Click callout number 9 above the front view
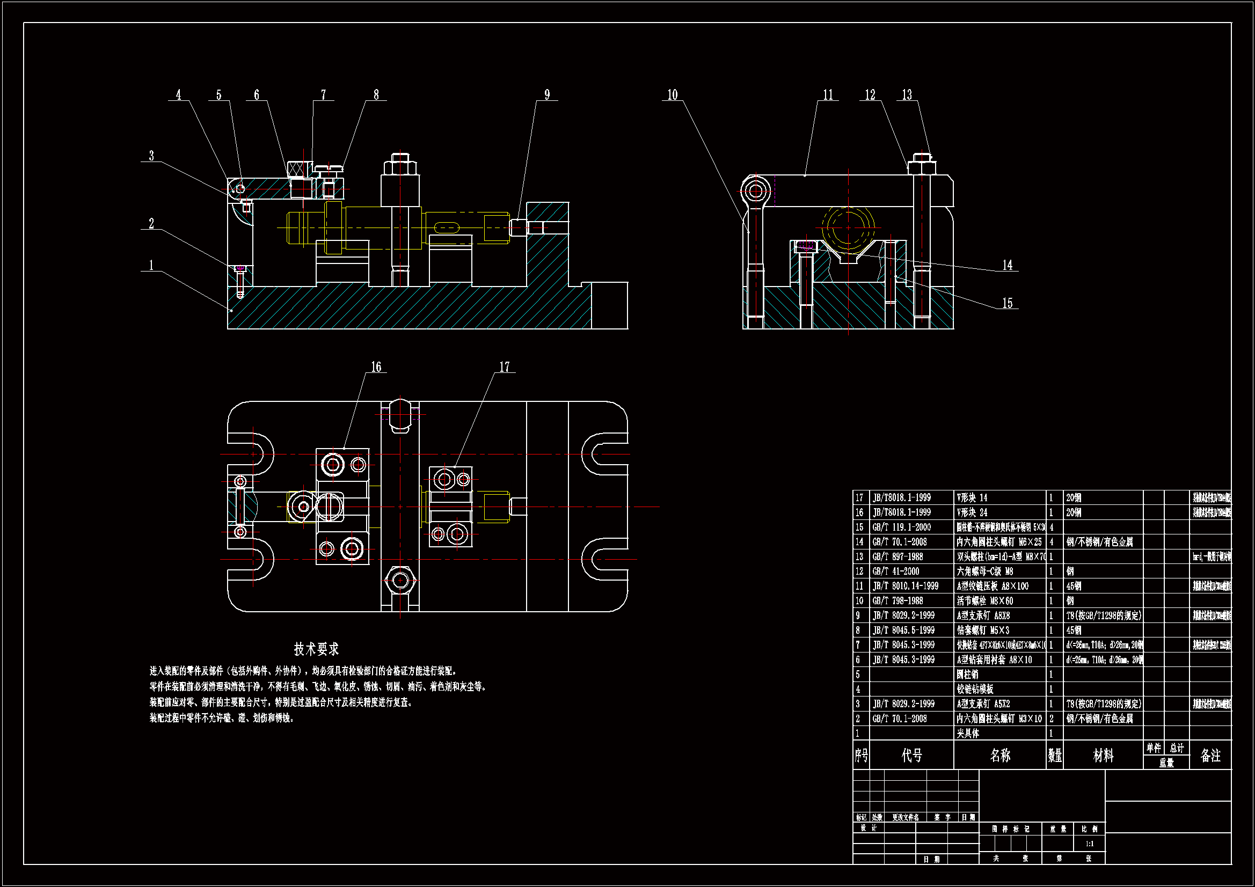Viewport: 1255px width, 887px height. click(546, 94)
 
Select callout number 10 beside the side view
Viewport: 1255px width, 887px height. click(672, 94)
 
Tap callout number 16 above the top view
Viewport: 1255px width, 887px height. click(376, 366)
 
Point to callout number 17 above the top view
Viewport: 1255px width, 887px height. click(504, 366)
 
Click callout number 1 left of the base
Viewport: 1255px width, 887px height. click(151, 265)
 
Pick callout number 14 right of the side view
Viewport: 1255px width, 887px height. click(1007, 265)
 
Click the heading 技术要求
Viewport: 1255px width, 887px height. click(317, 649)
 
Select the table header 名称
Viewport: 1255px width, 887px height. click(999, 756)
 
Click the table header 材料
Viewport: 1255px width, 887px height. click(1103, 756)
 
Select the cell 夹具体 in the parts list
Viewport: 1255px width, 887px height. click(967, 734)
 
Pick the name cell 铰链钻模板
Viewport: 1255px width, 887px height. click(975, 689)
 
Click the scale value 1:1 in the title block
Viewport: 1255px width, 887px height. click(1089, 844)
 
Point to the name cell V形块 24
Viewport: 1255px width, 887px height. click(972, 512)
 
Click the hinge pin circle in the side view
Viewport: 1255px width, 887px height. click(756, 190)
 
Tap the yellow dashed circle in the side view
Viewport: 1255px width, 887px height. click(848, 228)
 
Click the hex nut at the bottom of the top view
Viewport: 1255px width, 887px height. click(400, 581)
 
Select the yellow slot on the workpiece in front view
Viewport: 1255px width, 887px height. click(447, 227)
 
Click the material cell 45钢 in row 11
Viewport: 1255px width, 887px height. click(1074, 586)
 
